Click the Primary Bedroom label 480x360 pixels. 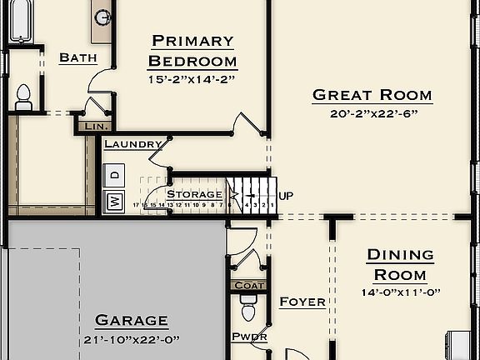point(192,51)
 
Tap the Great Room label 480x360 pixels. point(372,95)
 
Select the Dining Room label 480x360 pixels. point(401,264)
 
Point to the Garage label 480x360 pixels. point(132,320)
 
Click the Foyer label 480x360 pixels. point(302,302)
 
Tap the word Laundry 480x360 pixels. point(133,144)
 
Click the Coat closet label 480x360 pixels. point(249,285)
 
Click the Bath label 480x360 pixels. point(78,58)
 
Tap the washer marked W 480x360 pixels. point(114,201)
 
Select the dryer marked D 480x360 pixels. point(115,175)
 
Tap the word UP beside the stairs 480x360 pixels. point(286,196)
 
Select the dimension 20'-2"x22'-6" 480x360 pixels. point(372,114)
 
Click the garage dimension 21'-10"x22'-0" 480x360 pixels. point(132,339)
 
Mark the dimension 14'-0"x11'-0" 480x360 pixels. point(401,292)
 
